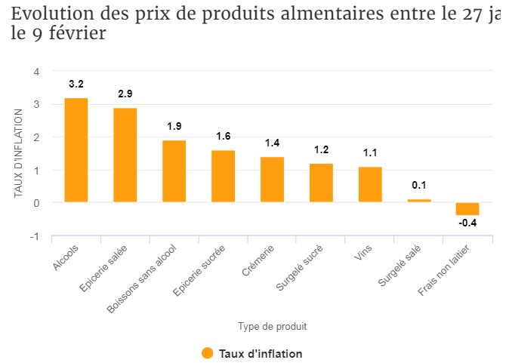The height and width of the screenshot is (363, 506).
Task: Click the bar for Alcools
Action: coord(76,150)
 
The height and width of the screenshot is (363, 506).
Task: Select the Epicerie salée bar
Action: coord(125,155)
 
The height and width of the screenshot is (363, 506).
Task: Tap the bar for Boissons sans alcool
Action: coord(174,171)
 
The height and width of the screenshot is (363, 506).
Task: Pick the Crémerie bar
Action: coord(272,180)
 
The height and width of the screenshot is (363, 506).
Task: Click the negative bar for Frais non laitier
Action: coord(467,209)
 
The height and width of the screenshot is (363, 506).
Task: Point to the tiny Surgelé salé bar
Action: coord(419,201)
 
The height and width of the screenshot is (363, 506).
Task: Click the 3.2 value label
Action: coord(76,84)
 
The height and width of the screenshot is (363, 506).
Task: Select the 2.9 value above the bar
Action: coord(125,94)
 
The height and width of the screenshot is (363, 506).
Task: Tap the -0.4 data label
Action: coord(467,223)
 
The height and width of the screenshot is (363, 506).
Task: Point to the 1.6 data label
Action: coord(223,137)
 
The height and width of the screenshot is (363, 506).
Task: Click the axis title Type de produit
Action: coord(272,327)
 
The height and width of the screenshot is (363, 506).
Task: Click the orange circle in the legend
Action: coord(208,353)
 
